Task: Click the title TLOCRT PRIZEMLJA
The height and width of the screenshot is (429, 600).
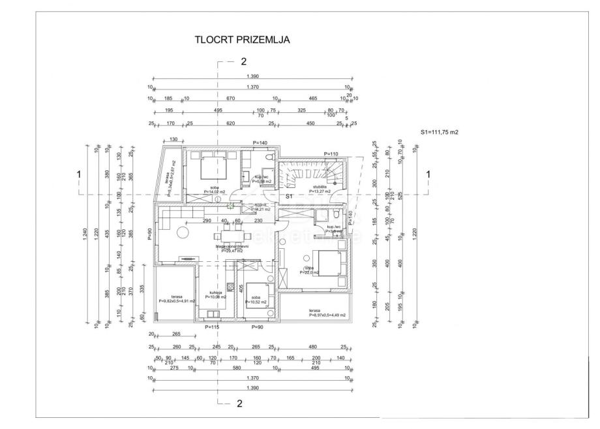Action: (x=242, y=39)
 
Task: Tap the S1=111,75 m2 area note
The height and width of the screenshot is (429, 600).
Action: (x=440, y=132)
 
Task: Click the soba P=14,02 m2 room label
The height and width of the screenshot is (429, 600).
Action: (x=214, y=189)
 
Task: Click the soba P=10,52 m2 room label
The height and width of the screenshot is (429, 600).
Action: (x=256, y=300)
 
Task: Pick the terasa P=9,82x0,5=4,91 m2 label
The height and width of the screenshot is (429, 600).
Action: (x=175, y=299)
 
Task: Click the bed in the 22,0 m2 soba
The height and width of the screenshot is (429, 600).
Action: (x=326, y=263)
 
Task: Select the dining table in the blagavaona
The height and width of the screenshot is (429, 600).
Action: (x=230, y=236)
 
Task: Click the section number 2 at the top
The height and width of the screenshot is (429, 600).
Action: (x=243, y=62)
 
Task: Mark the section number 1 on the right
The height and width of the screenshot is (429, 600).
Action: (x=428, y=174)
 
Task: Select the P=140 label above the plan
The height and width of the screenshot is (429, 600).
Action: (x=260, y=143)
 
